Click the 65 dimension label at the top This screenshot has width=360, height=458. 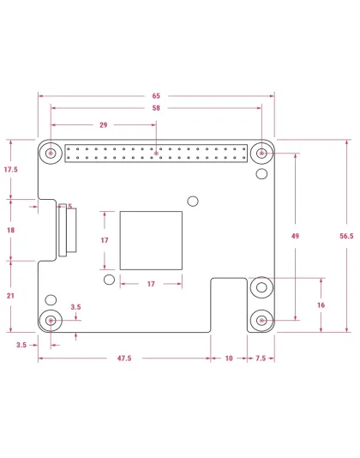[155, 96]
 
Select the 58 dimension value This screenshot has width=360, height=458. [155, 109]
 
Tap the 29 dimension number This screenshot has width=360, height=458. [103, 125]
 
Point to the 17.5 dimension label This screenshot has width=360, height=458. [10, 170]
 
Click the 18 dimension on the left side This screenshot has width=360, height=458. [10, 230]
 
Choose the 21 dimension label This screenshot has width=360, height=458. [10, 295]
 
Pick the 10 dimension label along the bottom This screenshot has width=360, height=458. [229, 359]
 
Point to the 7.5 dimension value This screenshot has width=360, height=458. [260, 359]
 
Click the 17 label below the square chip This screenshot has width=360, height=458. [151, 283]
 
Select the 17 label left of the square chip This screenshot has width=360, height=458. [105, 241]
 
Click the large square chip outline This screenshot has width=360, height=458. [152, 241]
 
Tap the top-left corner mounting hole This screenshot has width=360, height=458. [51, 154]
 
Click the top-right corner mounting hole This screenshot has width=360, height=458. [261, 154]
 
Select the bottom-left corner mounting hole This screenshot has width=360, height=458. [51, 321]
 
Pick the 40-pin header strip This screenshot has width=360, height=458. [155, 154]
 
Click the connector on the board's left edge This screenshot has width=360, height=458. [64, 230]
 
